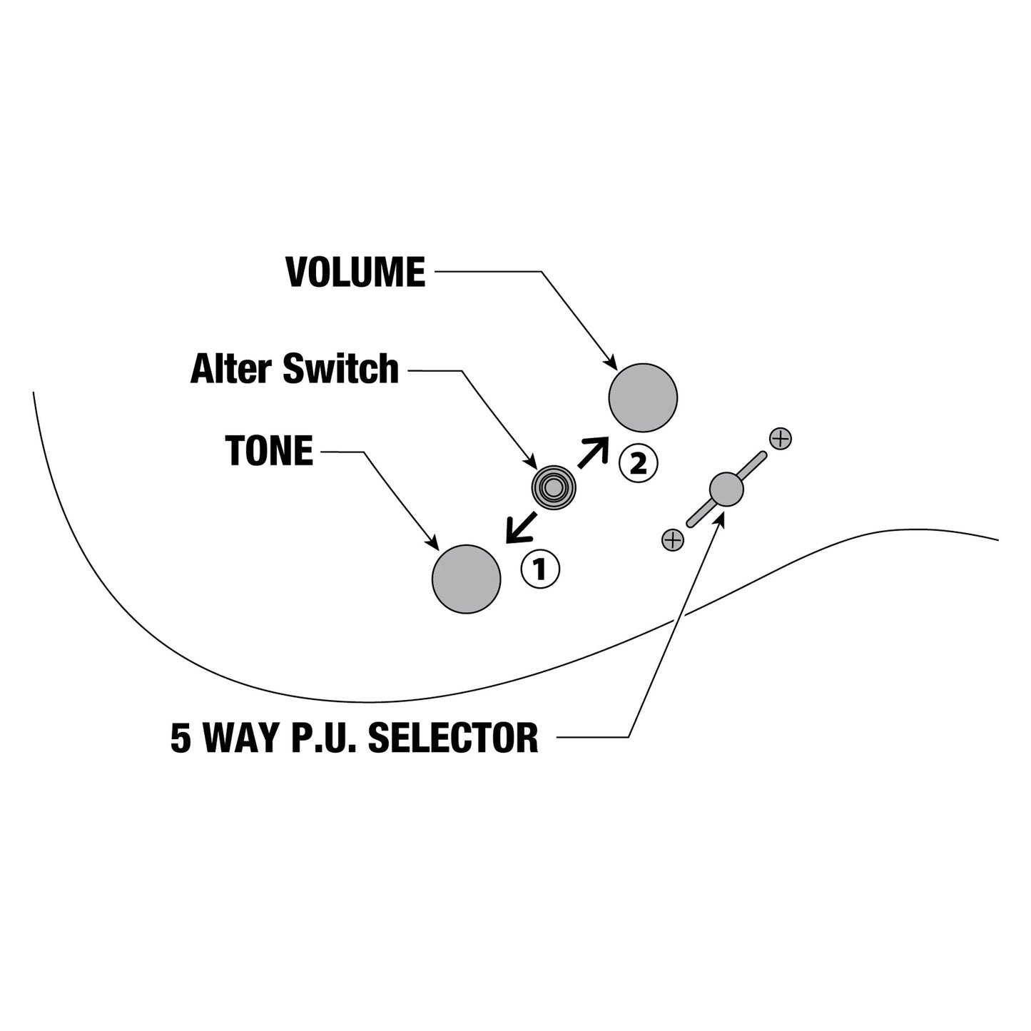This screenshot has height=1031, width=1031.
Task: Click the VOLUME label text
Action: [356, 273]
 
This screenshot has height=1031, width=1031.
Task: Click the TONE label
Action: [269, 450]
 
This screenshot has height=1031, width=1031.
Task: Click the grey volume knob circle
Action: [643, 398]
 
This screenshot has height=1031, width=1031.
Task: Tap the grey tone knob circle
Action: [467, 579]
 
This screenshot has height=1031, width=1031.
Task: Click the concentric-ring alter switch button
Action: [554, 487]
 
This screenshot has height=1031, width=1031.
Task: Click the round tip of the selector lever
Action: [726, 489]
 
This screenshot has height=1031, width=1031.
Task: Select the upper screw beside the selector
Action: [781, 439]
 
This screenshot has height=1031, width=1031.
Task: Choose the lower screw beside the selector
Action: [673, 540]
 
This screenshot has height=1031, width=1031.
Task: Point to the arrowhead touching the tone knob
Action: [433, 542]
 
